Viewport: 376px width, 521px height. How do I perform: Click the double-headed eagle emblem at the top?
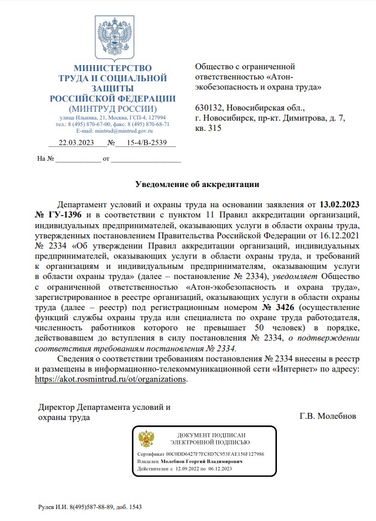pos(112,36)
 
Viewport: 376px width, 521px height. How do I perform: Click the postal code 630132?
pos(209,108)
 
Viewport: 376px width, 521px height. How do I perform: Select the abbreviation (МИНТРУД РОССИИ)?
pos(112,109)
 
